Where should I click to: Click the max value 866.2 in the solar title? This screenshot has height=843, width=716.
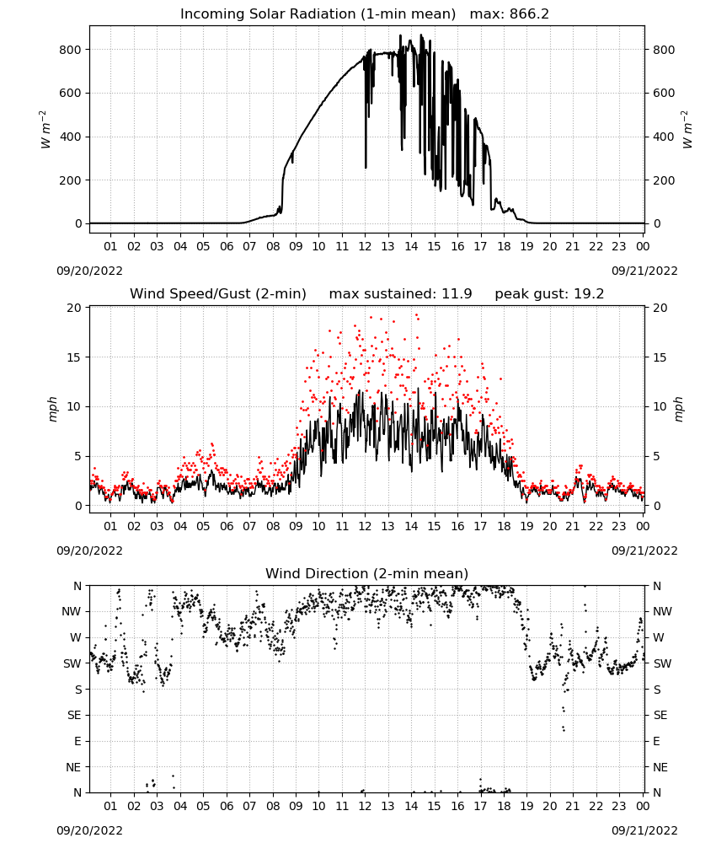click(x=529, y=14)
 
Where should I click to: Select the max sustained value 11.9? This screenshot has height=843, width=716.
click(x=457, y=294)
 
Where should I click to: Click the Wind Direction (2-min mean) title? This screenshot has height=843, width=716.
click(x=367, y=573)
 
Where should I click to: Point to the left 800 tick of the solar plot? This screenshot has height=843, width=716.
click(x=71, y=50)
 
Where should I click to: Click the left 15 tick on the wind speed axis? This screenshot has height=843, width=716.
click(x=74, y=357)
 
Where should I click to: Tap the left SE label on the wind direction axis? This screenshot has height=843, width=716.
click(x=75, y=715)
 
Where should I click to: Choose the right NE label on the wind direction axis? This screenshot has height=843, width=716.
click(x=660, y=767)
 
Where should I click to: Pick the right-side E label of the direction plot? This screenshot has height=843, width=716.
click(x=656, y=741)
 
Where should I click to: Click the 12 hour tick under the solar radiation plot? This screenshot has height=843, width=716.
click(x=366, y=246)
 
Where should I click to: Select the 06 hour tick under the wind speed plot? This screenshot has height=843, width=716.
click(x=227, y=526)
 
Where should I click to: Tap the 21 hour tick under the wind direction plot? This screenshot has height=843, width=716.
click(x=573, y=807)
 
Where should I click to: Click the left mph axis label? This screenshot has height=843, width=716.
click(x=52, y=409)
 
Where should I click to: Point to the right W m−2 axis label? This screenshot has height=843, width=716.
click(x=687, y=130)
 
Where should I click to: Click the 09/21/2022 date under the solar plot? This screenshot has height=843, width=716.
click(x=644, y=271)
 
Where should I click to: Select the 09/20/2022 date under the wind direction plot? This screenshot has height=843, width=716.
click(x=89, y=830)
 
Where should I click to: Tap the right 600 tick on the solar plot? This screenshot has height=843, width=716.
click(x=664, y=93)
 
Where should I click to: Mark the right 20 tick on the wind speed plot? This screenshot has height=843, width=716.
click(x=660, y=308)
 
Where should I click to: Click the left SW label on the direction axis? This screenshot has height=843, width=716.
click(x=72, y=663)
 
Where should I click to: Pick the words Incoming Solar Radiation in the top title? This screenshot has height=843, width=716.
click(x=268, y=14)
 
